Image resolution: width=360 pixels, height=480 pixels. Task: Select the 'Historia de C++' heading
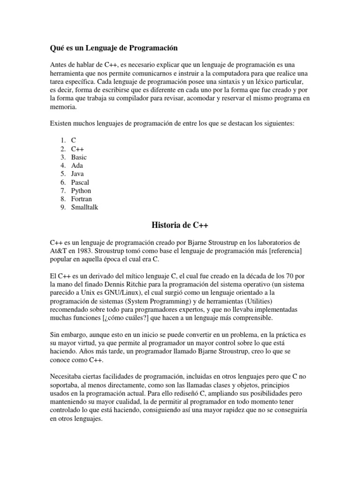pos(180,225)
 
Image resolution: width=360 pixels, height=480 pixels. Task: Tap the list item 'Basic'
pos(79,157)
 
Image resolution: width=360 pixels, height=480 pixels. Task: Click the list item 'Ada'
pos(77,165)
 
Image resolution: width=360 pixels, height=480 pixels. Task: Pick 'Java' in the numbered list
pos(78,174)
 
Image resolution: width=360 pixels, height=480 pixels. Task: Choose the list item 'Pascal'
pos(80,182)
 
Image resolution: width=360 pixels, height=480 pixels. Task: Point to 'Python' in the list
pos(81,191)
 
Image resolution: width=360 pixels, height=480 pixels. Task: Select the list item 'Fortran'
pos(82,199)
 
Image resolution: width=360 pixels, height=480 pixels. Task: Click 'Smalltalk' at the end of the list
pos(85,207)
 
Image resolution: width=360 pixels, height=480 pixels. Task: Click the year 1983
pos(82,251)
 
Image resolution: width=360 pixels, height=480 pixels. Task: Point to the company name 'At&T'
pos(59,251)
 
